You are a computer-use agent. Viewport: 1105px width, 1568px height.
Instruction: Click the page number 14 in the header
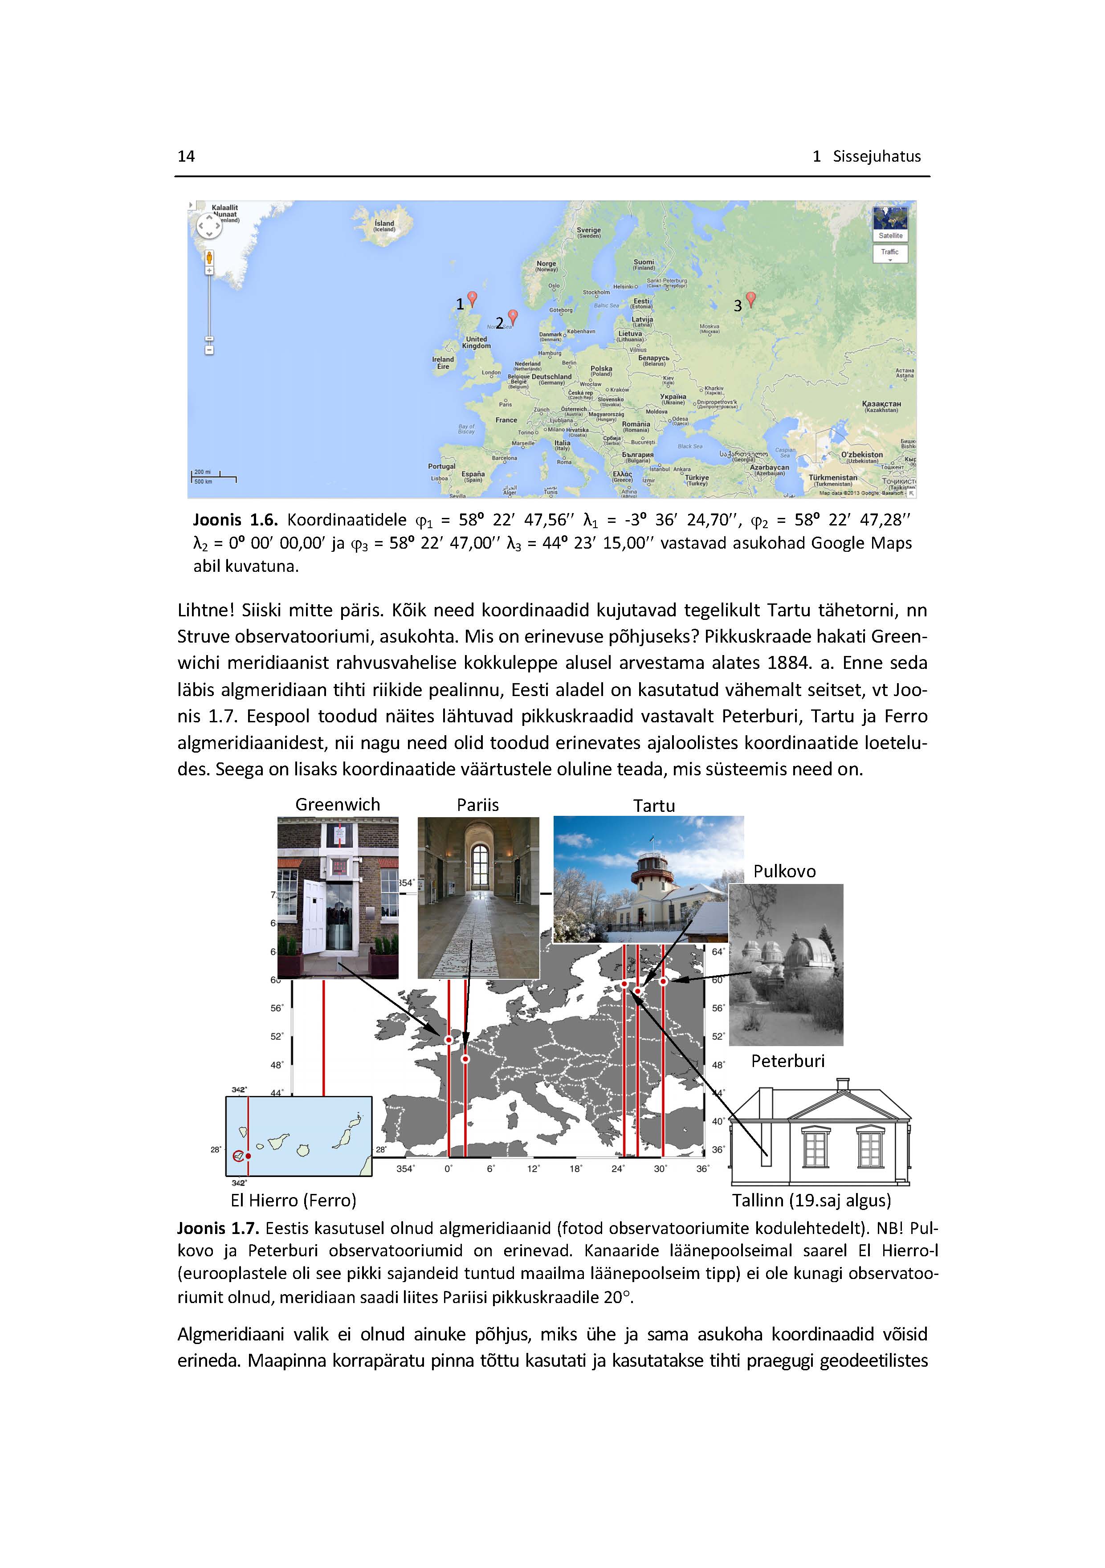coord(186,156)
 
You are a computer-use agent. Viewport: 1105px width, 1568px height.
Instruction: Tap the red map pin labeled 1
coord(471,298)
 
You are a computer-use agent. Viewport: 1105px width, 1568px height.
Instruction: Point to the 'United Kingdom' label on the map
coord(476,342)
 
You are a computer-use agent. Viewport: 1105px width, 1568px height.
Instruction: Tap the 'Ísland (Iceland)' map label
coord(384,225)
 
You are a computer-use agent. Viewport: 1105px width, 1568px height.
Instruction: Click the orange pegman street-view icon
coord(209,258)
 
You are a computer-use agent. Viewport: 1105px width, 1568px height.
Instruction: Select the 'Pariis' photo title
coord(477,805)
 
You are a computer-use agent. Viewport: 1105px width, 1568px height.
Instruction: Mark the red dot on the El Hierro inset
coord(248,1156)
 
